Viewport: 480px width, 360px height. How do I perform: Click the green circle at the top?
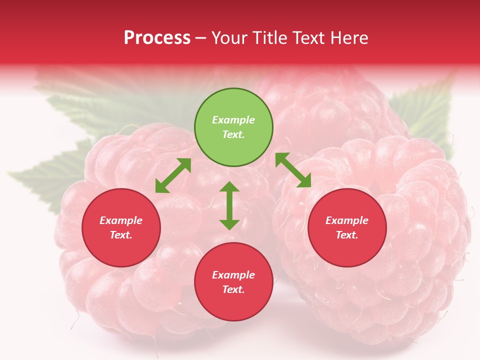coord(233,127)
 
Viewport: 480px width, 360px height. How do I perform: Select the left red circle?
coord(121,228)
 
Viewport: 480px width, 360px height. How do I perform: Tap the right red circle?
coord(347,228)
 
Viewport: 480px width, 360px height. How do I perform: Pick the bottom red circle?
coord(233,282)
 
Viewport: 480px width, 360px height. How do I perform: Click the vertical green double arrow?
coord(229,205)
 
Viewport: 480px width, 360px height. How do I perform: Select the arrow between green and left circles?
coord(173,175)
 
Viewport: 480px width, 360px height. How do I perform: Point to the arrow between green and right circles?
coord(293,170)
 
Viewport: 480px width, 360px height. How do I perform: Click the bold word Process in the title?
coord(157,37)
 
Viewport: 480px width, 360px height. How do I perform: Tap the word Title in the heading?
coord(270,37)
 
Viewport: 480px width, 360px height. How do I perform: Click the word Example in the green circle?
coord(233,120)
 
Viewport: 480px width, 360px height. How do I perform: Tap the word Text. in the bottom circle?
coord(233,289)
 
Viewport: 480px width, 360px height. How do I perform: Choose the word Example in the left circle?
coord(121,220)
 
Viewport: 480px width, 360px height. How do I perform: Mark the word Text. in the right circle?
coord(347,235)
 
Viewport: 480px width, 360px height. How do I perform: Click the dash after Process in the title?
coord(201,38)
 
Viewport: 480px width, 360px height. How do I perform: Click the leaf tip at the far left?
coord(12,174)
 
